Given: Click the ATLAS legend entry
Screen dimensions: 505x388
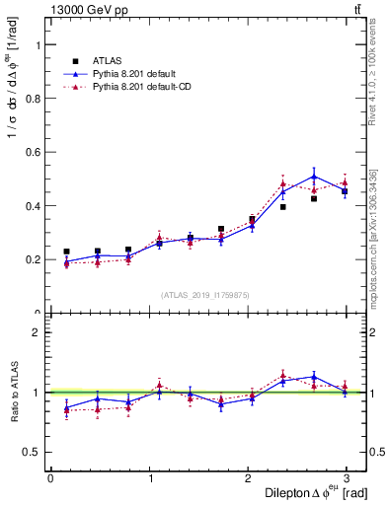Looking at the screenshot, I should click(x=108, y=60).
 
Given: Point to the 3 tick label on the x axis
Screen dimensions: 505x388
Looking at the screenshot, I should click(x=347, y=478).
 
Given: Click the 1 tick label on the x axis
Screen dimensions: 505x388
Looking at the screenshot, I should click(x=149, y=478).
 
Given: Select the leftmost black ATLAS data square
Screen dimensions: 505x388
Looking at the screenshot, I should click(x=66, y=252).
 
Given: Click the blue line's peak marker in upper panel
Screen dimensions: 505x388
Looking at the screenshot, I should click(x=314, y=177).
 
